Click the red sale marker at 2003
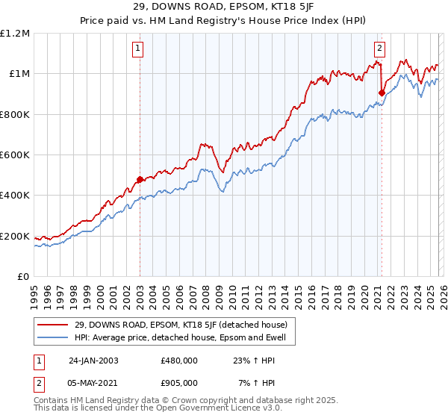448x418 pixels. [140, 179]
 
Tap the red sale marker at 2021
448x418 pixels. [382, 93]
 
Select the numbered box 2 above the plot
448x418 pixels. [379, 49]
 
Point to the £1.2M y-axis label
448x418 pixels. [15, 34]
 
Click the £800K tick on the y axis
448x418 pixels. [15, 115]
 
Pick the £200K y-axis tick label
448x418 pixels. [15, 237]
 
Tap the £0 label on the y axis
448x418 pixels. [23, 277]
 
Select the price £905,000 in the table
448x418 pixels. [178, 382]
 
